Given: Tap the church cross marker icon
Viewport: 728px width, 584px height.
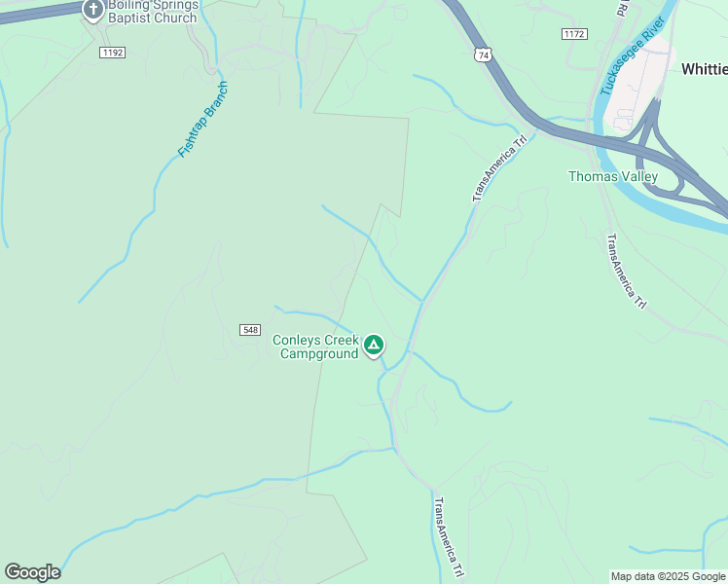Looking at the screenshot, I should point(93,11).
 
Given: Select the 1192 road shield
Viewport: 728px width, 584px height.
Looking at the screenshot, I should point(112,53).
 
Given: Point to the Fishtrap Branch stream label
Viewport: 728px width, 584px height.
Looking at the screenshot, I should point(203,120).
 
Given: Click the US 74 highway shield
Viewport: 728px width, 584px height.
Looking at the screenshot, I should point(482,55).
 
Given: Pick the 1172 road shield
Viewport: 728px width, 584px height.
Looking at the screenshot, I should point(574,34).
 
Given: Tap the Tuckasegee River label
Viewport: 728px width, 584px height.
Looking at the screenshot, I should point(633,57).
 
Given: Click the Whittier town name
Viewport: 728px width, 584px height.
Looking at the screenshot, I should point(704,69).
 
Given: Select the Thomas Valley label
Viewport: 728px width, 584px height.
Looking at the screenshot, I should point(613,176).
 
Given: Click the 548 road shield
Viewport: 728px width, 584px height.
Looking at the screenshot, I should point(249,331).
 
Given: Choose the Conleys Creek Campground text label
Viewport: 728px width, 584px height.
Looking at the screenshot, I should point(314,347).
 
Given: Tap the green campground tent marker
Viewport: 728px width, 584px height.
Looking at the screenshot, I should point(373,345).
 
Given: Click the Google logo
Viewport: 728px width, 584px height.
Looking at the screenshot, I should point(32,572).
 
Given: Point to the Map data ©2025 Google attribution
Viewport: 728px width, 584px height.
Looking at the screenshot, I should point(668,576).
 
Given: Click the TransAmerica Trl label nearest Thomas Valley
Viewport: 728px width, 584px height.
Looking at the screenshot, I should point(626,272).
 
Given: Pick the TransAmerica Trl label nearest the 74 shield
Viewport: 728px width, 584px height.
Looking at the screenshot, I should point(499,167).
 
